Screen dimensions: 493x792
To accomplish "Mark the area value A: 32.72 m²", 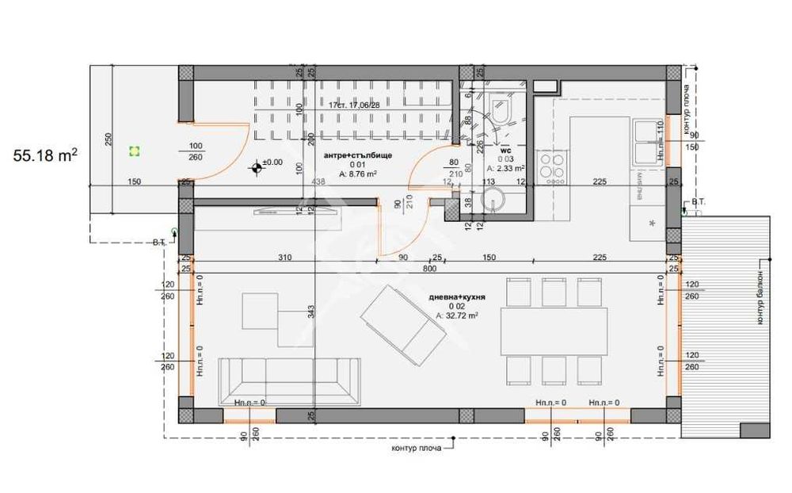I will coord(457,315).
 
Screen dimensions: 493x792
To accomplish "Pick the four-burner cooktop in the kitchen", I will coord(552,166).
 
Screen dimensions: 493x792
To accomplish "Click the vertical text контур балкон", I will coord(758,298).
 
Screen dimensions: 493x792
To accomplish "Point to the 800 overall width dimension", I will coord(429,269).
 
